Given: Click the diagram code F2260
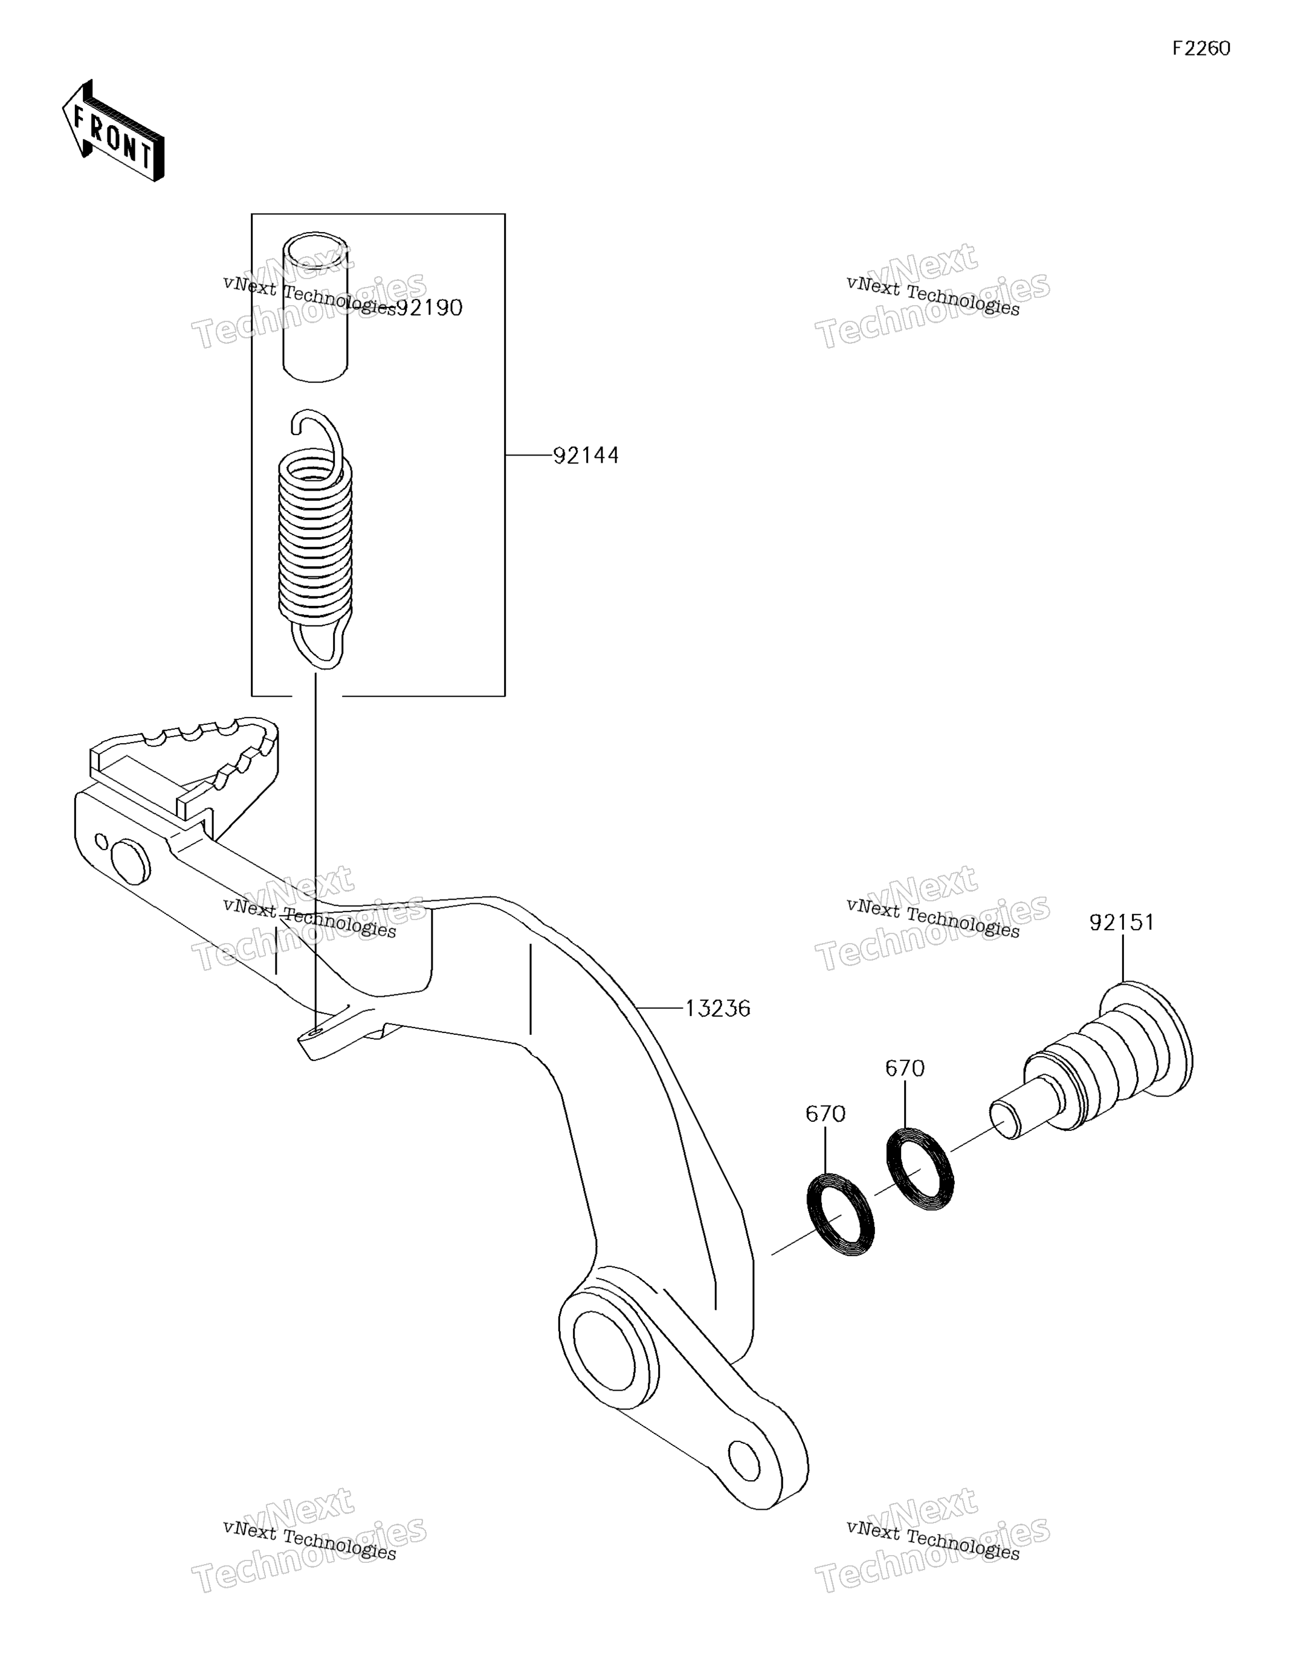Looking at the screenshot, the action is point(1201,49).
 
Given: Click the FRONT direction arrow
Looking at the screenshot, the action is point(113,130).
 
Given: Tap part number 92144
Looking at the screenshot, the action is point(586,456).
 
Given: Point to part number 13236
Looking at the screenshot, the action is point(718,1009).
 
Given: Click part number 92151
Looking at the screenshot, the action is point(1122,923).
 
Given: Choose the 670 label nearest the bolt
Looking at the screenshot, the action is point(905,1069).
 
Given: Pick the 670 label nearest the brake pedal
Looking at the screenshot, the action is point(825,1115).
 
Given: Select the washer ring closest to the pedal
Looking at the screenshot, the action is point(841,1214).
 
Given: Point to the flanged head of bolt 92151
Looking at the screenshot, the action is point(1148,1039).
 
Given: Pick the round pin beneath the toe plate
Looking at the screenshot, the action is point(131,861).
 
